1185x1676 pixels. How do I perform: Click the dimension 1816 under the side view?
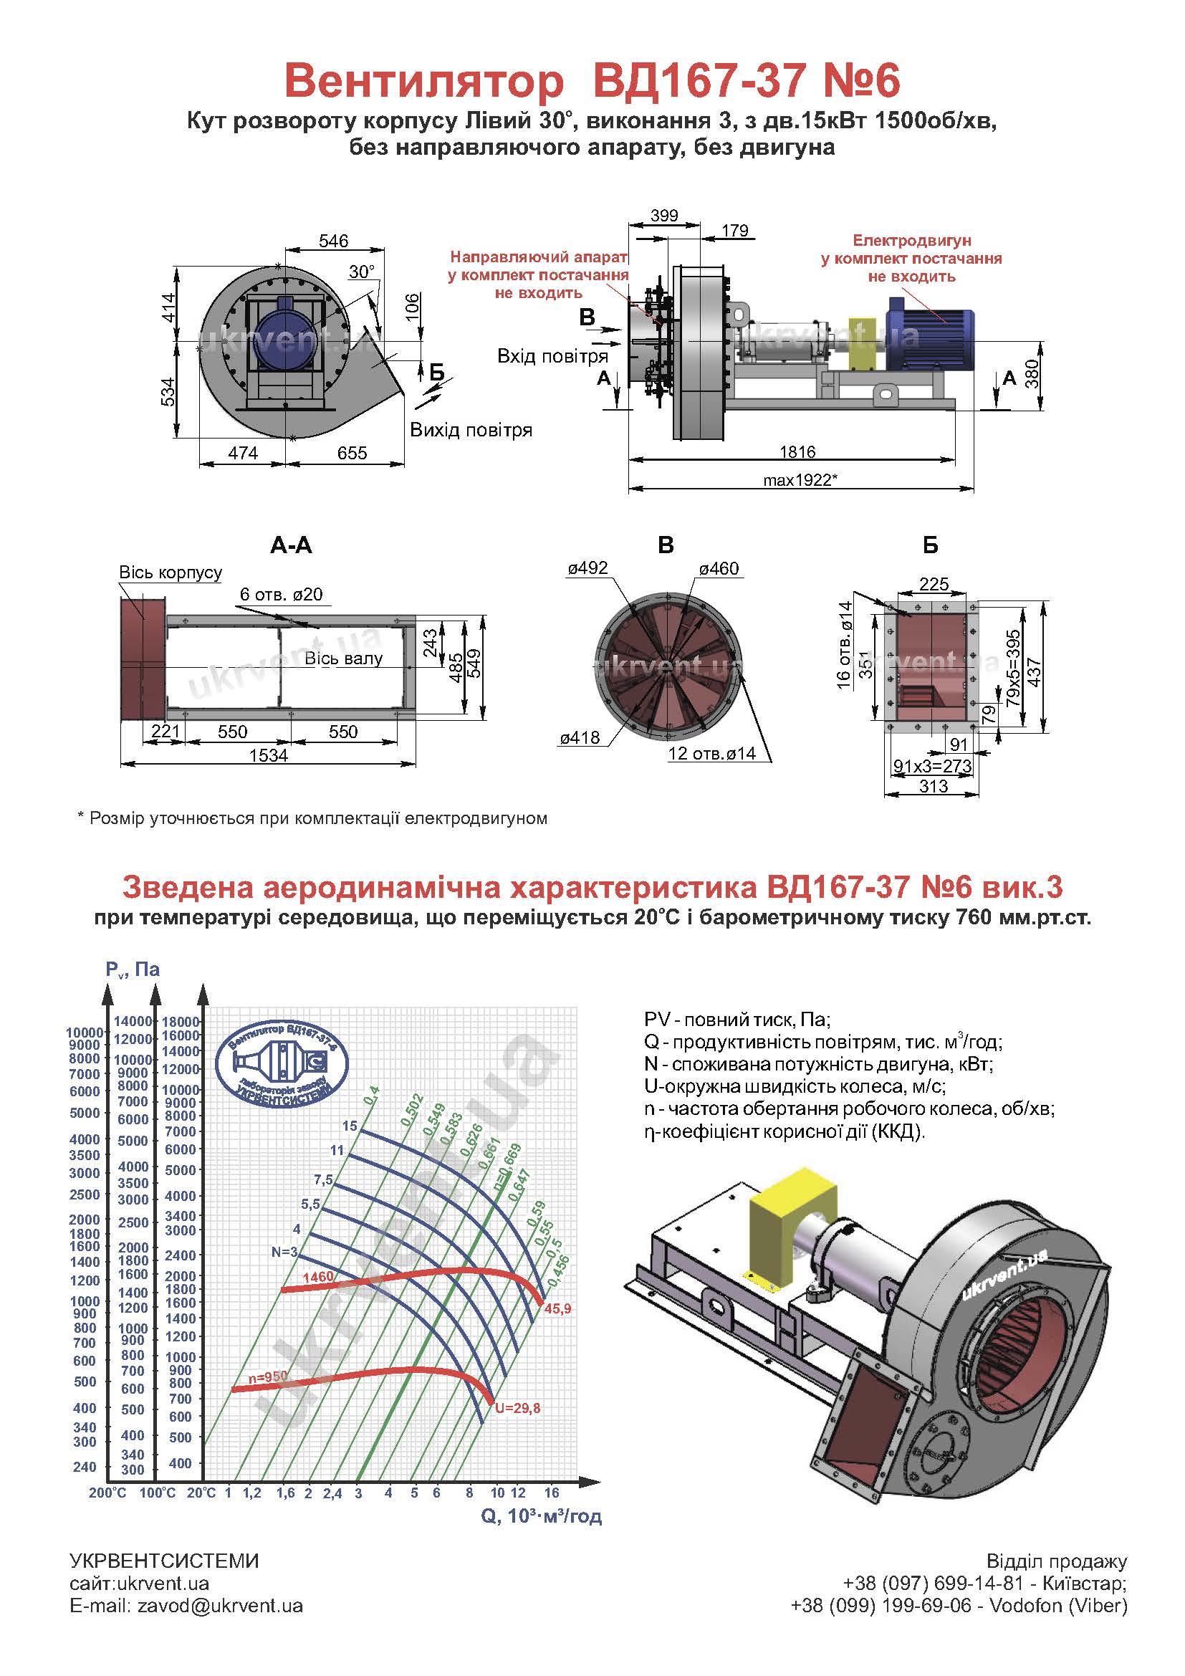point(797,452)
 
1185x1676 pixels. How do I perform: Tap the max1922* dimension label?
point(800,480)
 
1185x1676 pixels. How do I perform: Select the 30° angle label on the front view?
point(361,272)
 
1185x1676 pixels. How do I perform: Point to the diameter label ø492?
point(587,569)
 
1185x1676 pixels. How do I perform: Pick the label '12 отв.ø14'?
point(713,753)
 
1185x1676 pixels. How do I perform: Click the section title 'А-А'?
point(290,545)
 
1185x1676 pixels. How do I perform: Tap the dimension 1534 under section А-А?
point(269,755)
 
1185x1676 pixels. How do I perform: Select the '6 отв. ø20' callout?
point(281,594)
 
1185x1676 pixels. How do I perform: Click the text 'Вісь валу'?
point(343,659)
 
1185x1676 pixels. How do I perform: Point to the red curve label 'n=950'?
point(268,1376)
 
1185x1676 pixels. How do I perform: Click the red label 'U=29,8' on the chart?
point(517,1408)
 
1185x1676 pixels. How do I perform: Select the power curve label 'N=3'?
point(284,1252)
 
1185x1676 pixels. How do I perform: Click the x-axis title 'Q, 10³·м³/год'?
point(542,1516)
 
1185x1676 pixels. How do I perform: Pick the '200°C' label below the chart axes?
point(107,1493)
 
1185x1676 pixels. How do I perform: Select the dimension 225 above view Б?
point(934,584)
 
